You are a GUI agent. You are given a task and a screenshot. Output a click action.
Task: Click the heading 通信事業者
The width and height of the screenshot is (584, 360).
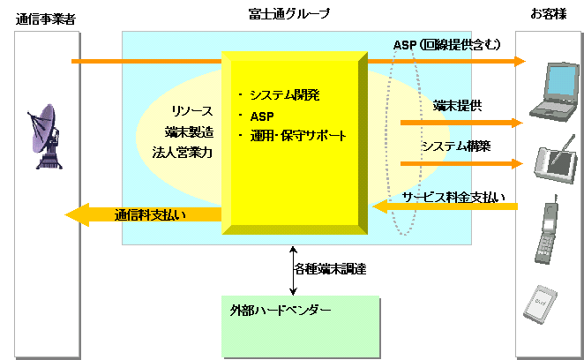(46, 15)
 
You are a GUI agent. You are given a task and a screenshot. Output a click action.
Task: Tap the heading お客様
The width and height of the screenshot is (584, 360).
(548, 15)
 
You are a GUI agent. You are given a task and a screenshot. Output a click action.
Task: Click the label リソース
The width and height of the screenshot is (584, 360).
(192, 111)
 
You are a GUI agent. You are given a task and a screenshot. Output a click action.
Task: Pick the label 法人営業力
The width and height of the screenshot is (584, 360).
(188, 152)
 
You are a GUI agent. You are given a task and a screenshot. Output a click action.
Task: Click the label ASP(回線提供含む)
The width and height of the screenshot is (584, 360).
(446, 45)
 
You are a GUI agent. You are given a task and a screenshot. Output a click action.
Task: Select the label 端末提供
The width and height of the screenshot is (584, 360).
(457, 107)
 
